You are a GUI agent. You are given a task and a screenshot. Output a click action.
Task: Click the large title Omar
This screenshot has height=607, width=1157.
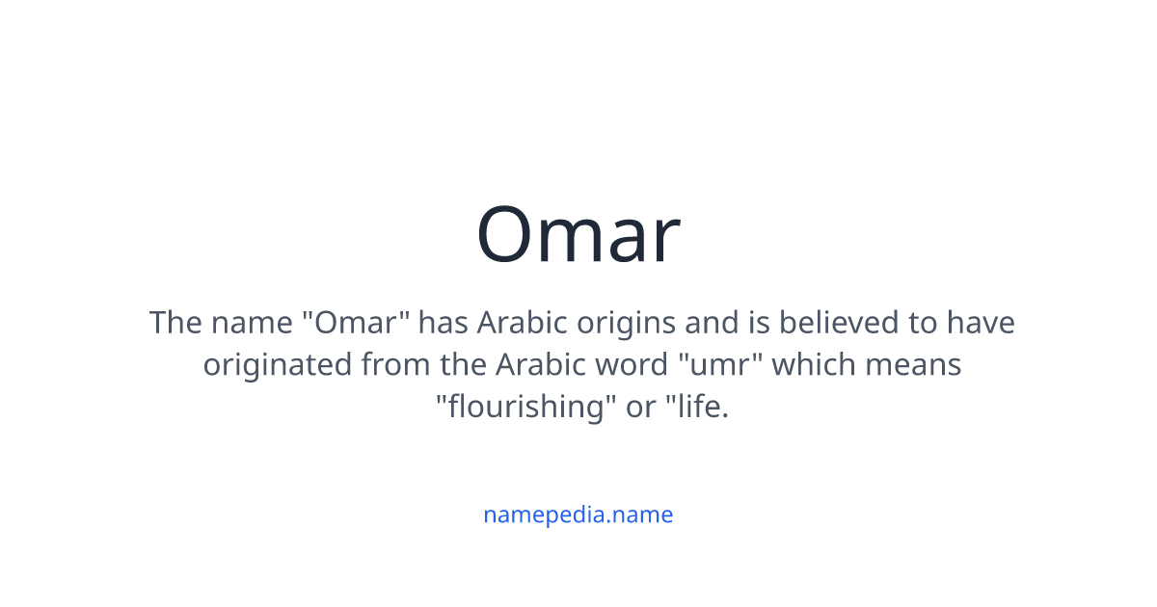(578, 235)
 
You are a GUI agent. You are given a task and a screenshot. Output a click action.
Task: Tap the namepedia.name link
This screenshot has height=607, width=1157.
(578, 515)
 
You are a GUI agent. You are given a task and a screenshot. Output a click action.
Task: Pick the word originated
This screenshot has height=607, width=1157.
(277, 365)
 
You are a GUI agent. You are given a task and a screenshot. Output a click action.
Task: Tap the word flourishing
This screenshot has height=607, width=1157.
(526, 408)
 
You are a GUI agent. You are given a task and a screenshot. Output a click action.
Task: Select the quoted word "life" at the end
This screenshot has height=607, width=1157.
(696, 408)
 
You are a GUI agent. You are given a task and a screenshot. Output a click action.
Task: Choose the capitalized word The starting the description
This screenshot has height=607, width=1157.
(175, 322)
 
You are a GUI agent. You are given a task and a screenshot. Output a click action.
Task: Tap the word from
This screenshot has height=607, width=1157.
(393, 365)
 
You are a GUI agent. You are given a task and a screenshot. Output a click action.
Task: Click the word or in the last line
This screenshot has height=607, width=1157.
(640, 408)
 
